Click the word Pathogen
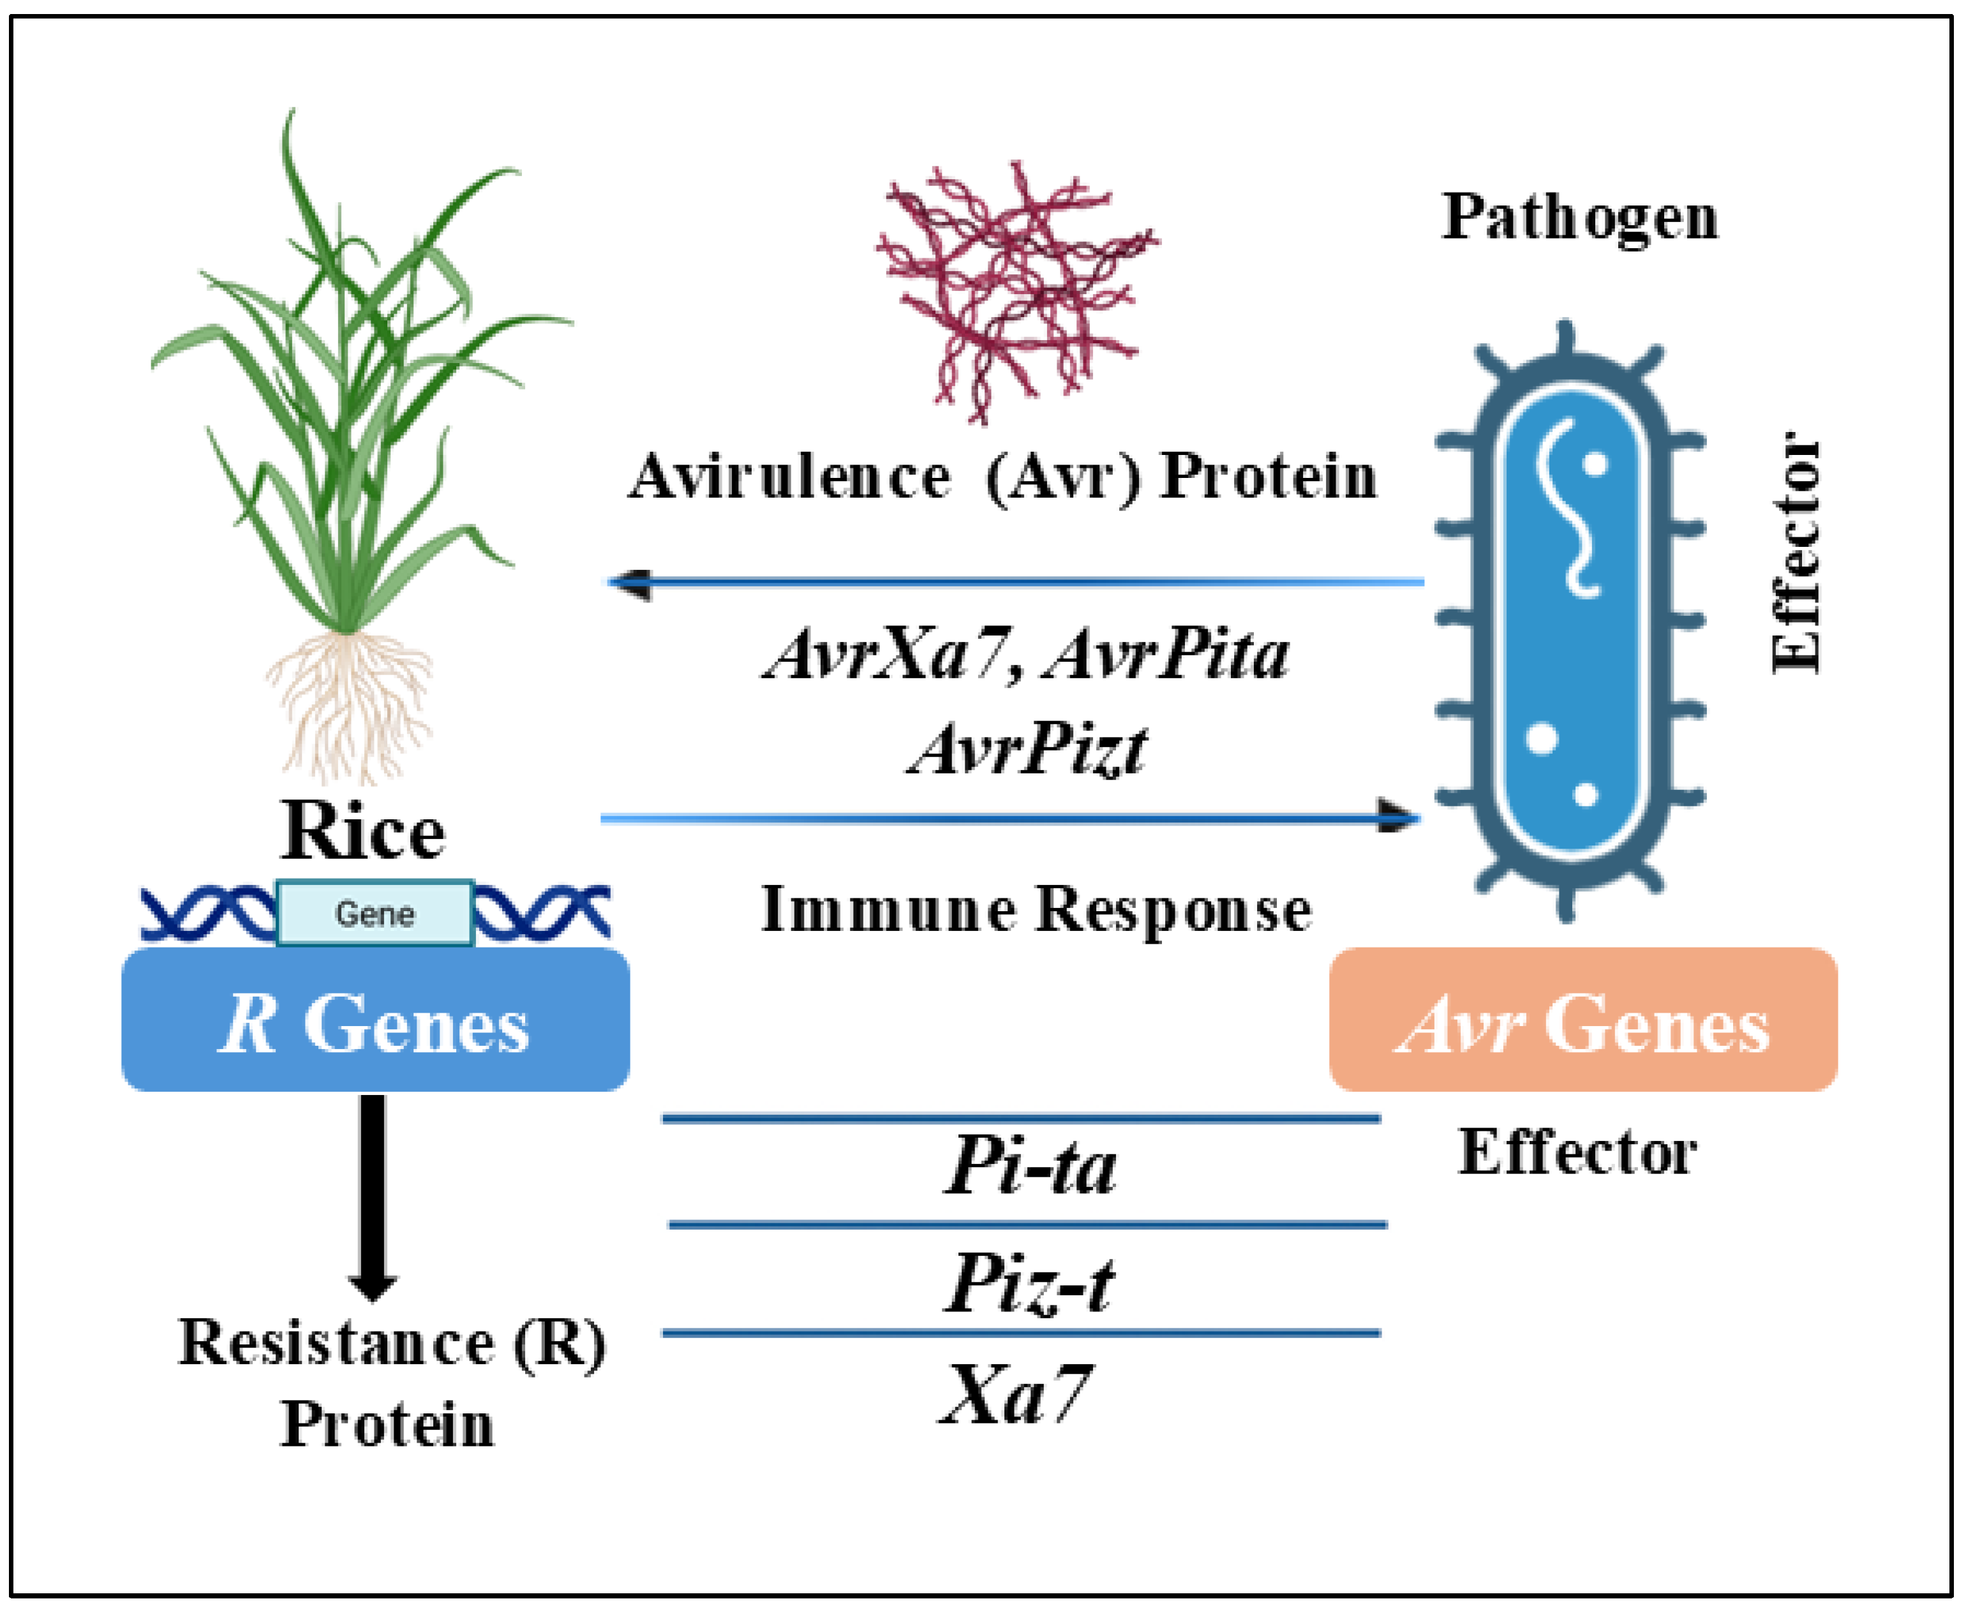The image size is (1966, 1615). coord(1579,219)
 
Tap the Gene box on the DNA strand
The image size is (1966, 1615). coord(375,914)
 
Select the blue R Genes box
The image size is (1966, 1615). coord(375,1020)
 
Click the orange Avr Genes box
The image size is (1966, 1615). coord(1582,1020)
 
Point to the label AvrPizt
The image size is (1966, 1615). coord(1027,750)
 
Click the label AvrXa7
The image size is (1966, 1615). coord(886,654)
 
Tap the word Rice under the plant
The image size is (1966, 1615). coord(363,831)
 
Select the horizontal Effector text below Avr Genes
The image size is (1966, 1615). coord(1577,1152)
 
